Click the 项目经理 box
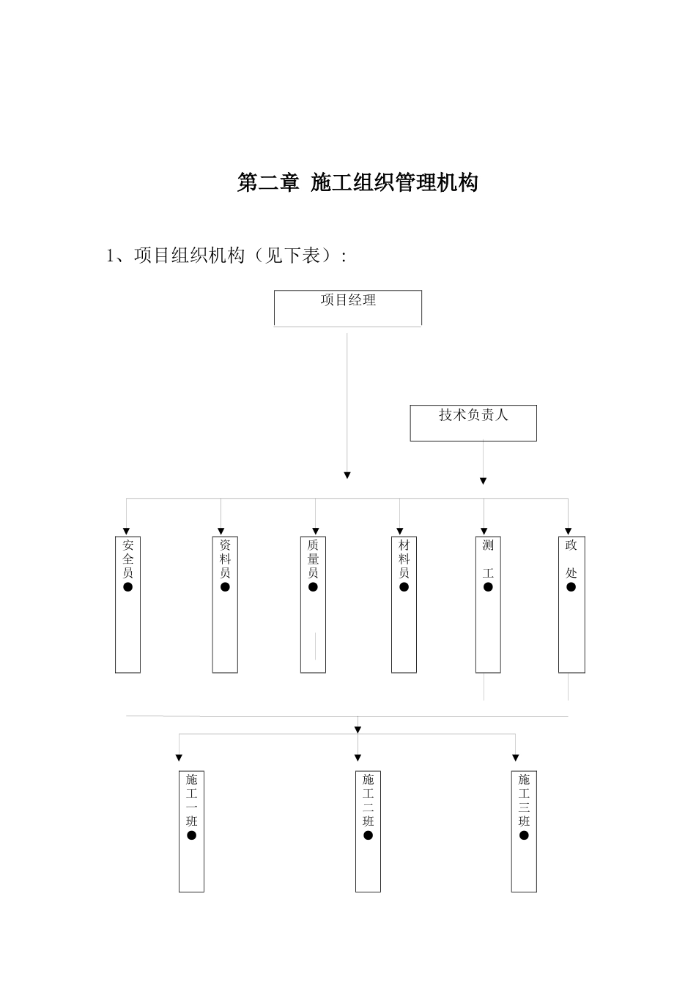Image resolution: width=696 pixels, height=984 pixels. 348,307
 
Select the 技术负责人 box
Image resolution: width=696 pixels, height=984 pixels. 473,422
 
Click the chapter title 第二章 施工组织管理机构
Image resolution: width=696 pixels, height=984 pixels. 358,182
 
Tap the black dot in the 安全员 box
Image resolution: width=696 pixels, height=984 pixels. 128,587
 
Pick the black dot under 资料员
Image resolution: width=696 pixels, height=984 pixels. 225,587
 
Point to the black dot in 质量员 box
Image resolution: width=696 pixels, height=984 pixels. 313,587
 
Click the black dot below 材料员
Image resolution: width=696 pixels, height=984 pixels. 404,587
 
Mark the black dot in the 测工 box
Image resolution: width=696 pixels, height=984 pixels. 488,587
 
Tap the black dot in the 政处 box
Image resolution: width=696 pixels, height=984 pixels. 571,587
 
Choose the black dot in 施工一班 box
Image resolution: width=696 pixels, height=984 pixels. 191,835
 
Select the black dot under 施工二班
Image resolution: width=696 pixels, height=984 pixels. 368,835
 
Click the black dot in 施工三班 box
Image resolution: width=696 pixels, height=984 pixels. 524,835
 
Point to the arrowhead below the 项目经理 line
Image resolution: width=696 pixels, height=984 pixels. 347,476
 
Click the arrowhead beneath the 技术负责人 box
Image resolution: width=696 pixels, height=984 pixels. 483,481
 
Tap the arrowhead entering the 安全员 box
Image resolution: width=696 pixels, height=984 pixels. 127,531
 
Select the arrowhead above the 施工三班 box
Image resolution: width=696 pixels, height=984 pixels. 516,758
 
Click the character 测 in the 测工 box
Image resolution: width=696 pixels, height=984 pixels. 488,545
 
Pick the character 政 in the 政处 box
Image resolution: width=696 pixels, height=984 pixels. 571,545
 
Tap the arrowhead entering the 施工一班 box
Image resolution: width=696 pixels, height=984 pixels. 179,758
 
